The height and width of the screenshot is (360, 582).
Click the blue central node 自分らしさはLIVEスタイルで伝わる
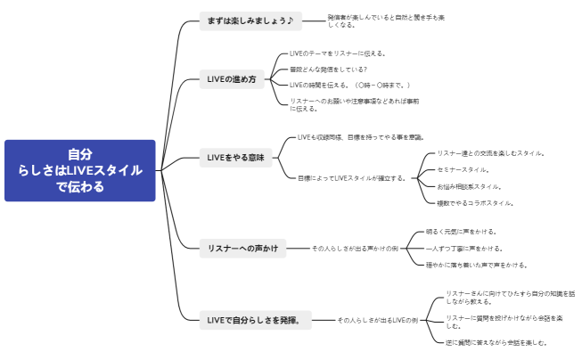coord(79,170)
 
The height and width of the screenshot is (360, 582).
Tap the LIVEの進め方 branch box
coord(231,79)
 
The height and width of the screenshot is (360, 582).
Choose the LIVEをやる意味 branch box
coord(235,158)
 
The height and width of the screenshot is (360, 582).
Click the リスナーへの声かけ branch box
coord(242,248)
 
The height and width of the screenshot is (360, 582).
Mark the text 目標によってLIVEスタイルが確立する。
coord(351,177)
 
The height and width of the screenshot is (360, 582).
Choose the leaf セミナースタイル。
coord(463,169)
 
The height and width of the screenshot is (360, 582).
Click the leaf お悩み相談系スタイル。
coord(469,186)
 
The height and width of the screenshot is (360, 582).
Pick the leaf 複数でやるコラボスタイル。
coord(475,203)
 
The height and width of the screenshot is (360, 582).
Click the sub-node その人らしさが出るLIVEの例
coord(377,319)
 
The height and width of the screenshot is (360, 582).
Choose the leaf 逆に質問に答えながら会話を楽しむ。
coord(496,342)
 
